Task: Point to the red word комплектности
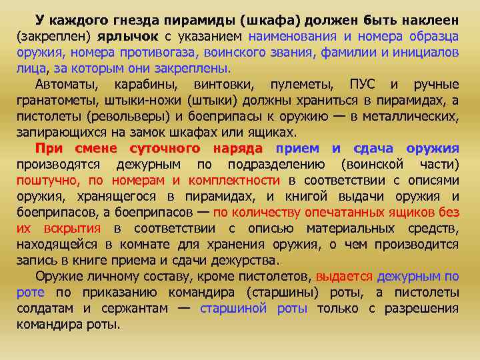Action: [235, 180]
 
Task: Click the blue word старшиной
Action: [233, 308]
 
